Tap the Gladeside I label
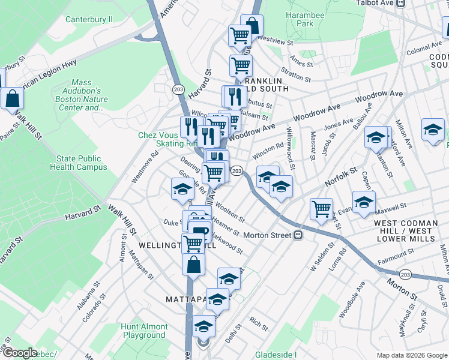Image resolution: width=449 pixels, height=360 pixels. click(276, 355)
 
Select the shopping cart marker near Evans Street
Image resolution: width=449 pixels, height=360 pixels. click(322, 208)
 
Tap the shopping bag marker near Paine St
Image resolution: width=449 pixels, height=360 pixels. click(11, 96)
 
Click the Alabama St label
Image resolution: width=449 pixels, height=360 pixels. click(87, 296)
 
